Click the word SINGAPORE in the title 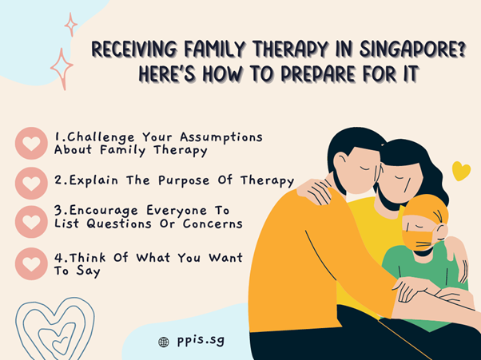pos(412,49)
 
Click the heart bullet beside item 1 pos(31,143)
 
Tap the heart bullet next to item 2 pos(31,183)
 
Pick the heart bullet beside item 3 pos(31,222)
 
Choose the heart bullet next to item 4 pos(31,263)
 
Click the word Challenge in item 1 pos(101,137)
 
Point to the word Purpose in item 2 pos(184,180)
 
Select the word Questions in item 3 pos(119,224)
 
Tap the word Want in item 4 pos(226,258)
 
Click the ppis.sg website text pos(201,341)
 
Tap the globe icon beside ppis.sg pos(164,342)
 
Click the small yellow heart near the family pos(461,171)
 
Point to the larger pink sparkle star pos(62,69)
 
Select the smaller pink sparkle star pos(71,25)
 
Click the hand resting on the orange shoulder pos(316,192)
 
